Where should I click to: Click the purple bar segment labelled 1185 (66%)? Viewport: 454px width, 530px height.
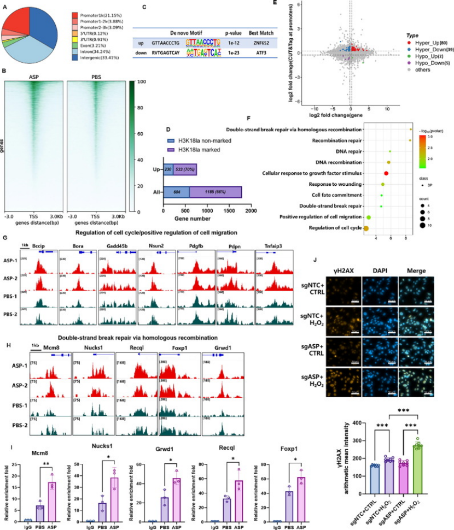(216, 192)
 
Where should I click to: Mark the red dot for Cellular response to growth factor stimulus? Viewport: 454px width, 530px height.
(387, 173)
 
